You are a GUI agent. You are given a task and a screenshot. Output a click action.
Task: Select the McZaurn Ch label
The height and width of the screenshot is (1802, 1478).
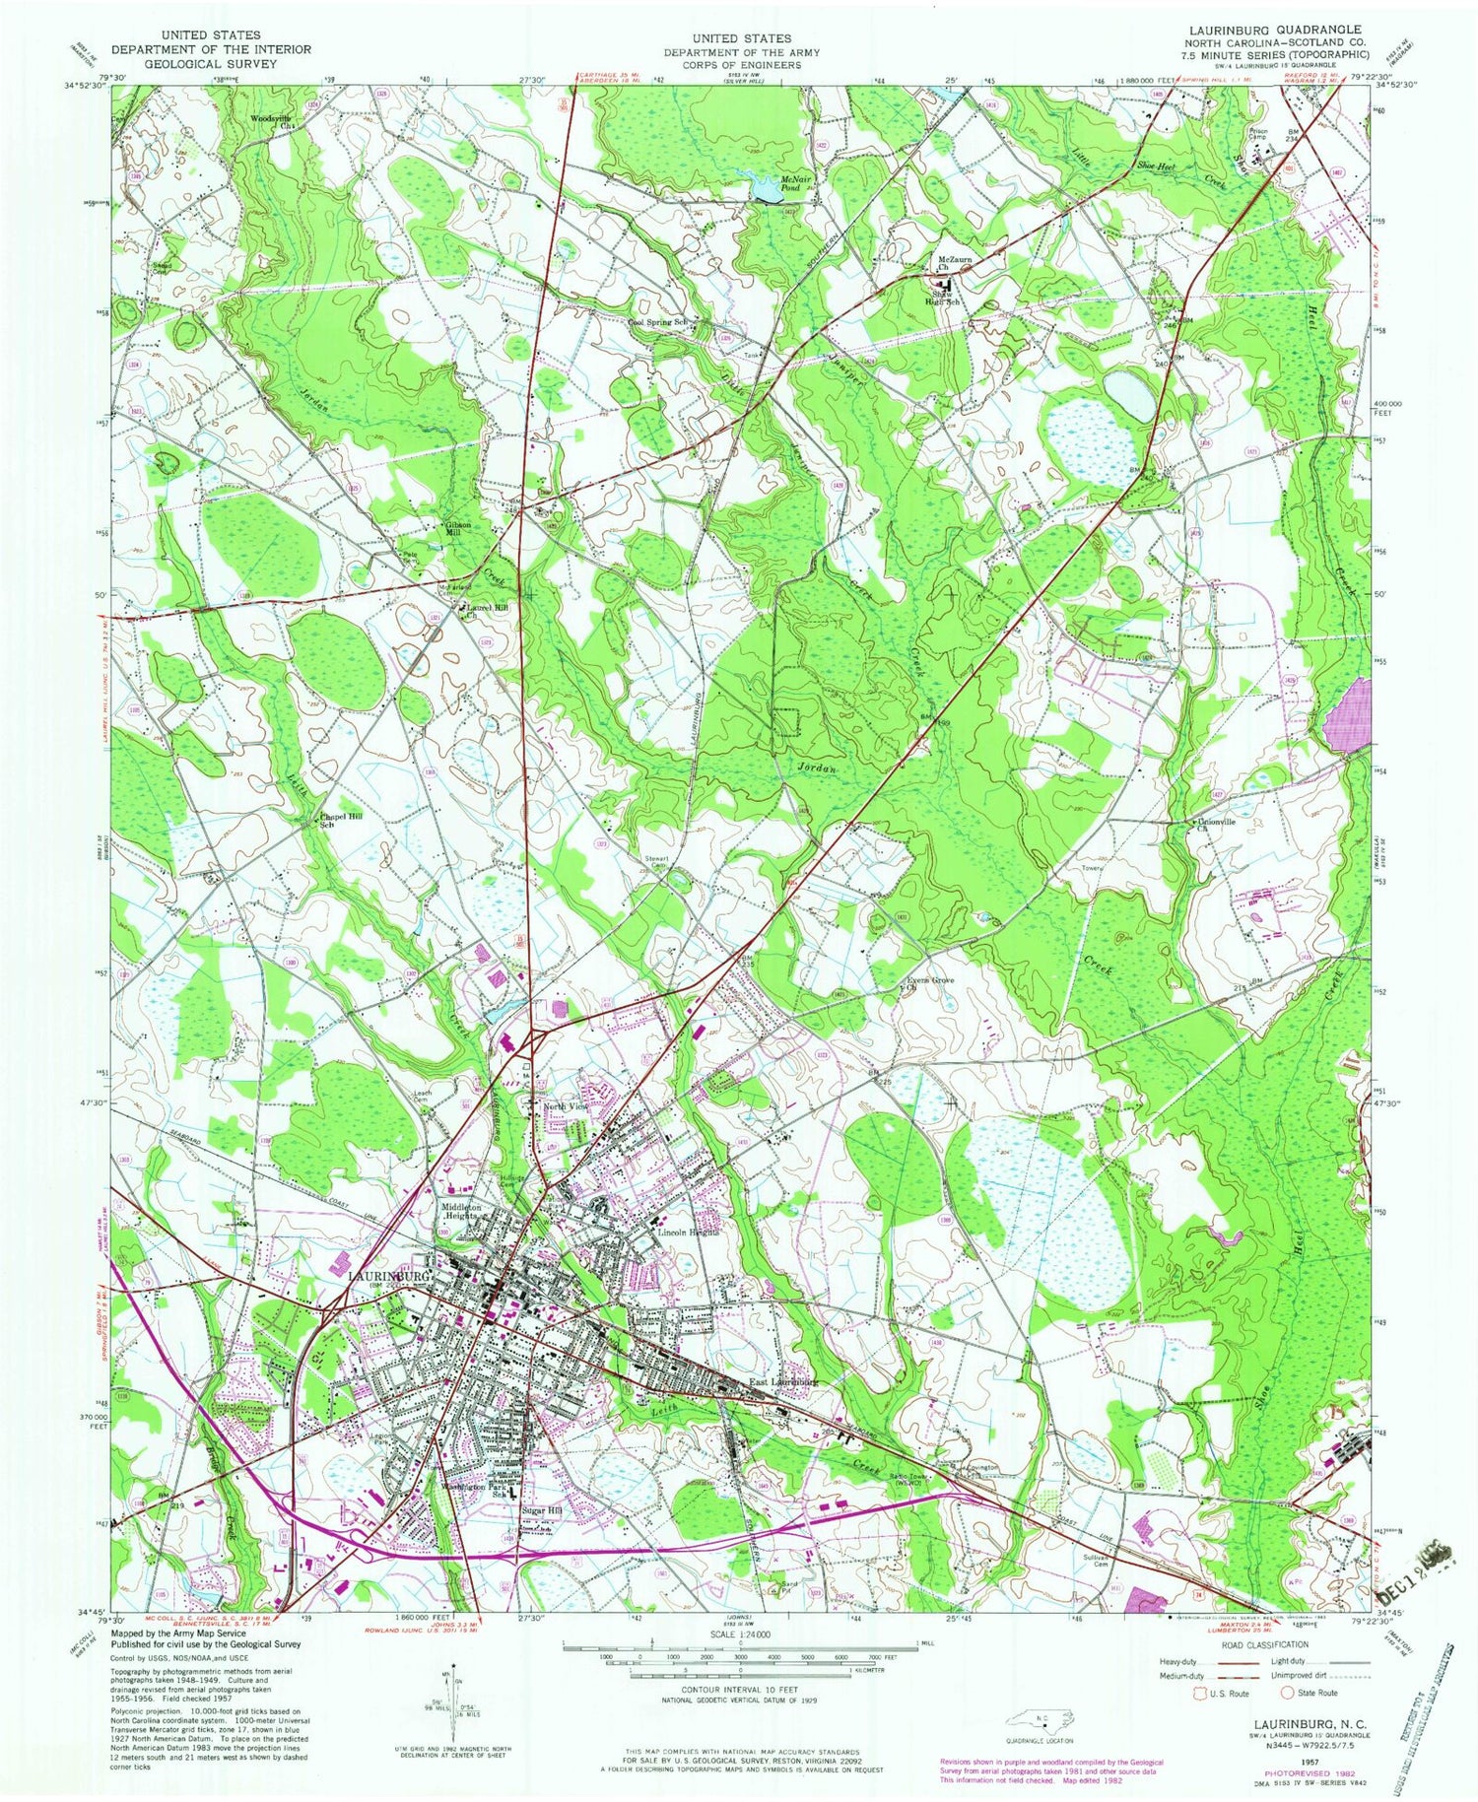click(954, 263)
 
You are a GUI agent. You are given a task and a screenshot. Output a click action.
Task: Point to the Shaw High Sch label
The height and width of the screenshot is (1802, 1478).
click(949, 299)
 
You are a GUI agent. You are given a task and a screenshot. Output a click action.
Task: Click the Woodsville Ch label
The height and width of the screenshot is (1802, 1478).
click(273, 121)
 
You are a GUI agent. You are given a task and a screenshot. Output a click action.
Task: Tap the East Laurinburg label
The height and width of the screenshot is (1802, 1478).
click(783, 1381)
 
